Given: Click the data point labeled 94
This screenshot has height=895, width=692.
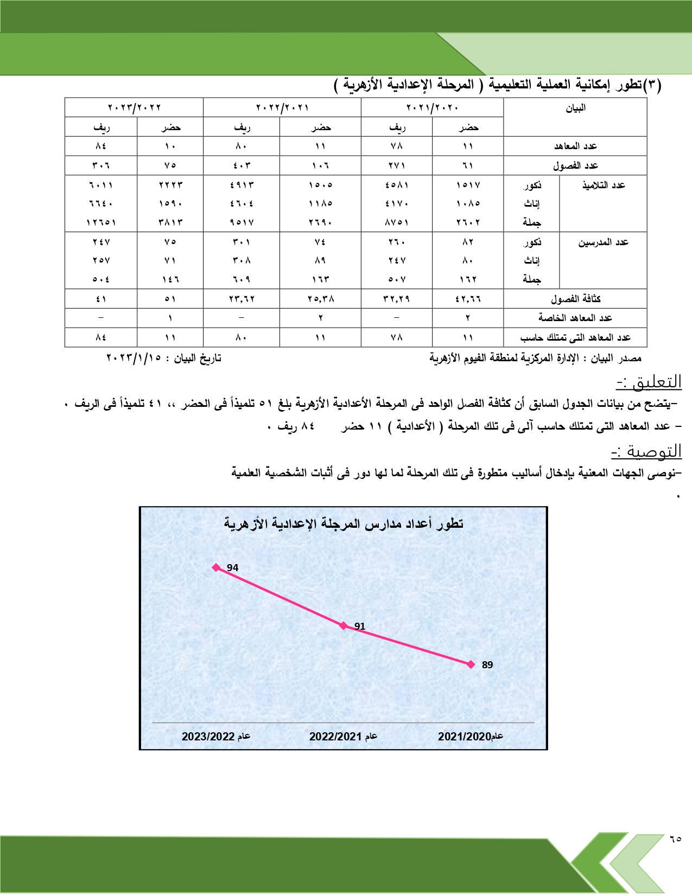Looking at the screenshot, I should point(217,567).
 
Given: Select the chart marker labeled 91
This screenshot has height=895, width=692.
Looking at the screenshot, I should point(344,625).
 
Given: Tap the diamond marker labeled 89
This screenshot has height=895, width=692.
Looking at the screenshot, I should point(471,664).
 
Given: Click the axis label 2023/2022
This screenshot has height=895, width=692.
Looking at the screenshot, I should point(216,736).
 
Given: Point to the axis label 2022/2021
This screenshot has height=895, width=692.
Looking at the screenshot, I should point(343,736).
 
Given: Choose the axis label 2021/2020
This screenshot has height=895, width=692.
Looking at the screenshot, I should point(471,736).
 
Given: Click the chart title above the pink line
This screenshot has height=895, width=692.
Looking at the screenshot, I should point(344,523).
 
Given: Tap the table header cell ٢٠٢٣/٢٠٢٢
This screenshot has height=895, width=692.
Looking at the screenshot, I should point(134,107).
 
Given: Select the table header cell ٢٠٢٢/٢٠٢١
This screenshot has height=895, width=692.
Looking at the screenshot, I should point(282,107).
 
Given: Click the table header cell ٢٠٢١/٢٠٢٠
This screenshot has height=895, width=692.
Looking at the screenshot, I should point(432,107).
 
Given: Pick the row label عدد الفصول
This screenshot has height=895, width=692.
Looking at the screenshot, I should point(575,165).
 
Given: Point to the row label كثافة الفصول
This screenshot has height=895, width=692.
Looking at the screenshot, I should point(575,298).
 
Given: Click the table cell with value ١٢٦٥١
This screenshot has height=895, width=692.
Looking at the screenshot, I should point(101,222).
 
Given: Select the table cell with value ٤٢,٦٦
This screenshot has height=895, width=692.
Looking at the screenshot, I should point(468,298).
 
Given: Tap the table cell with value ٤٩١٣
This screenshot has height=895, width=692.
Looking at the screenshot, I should point(242,185).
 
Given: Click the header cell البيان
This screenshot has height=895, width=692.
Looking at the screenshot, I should point(575,108).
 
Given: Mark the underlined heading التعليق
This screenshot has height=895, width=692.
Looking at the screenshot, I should point(649,382).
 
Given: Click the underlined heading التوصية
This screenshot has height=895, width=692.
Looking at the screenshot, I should point(646,451).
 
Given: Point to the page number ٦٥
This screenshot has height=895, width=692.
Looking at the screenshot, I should point(675,839).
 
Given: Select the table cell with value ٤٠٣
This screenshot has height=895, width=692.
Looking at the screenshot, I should point(242,165).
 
